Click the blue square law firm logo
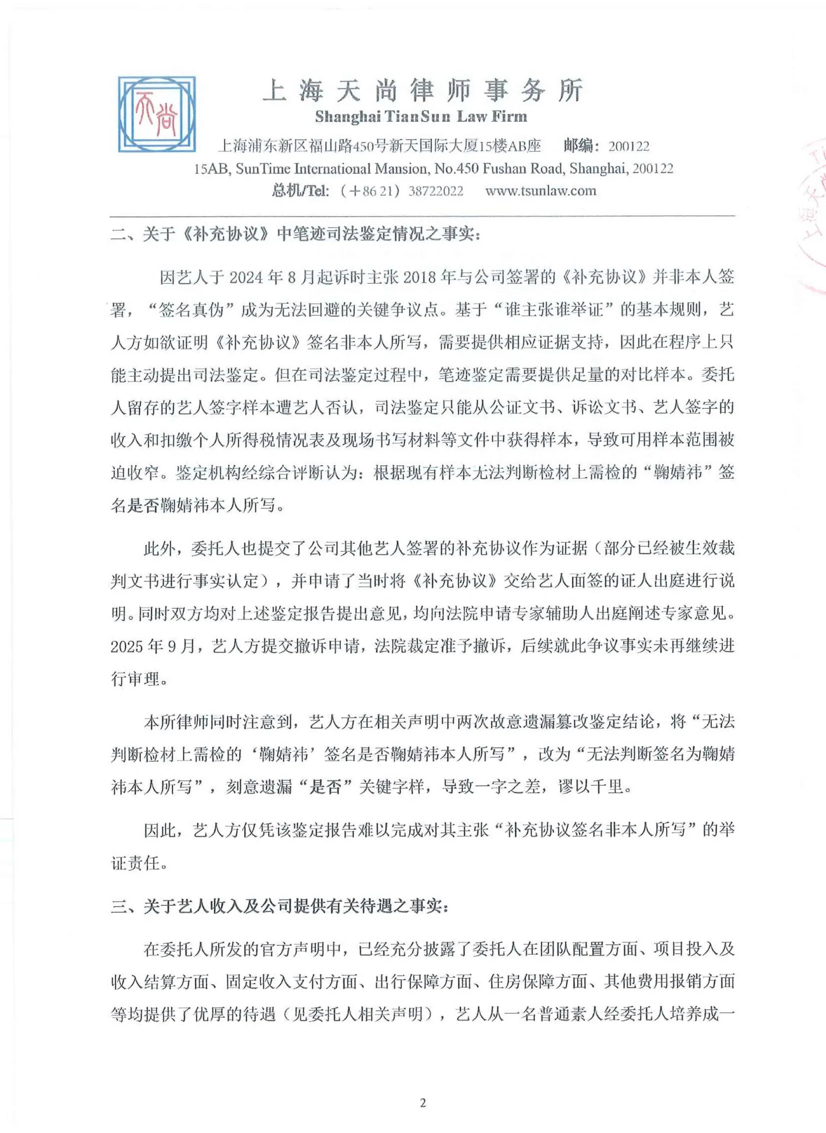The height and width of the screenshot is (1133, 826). click(x=157, y=114)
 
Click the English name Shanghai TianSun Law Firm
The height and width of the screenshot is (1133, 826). click(x=421, y=117)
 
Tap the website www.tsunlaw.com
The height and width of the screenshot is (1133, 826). click(x=540, y=191)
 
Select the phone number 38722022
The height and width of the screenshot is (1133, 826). click(x=436, y=191)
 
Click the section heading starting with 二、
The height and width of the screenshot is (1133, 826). click(x=295, y=234)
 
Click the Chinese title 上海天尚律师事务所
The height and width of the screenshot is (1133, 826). click(x=422, y=91)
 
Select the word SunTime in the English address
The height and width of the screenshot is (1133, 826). click(x=262, y=169)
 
